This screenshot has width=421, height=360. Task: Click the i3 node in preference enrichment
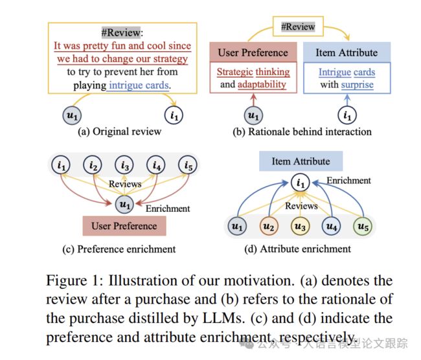(x=124, y=165)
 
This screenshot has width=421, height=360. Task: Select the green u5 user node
(x=363, y=227)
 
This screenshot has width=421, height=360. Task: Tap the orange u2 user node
(x=269, y=227)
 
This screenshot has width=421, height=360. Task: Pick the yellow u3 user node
(x=300, y=227)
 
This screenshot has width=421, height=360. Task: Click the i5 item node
(x=188, y=165)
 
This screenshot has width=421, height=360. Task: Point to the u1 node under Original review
(x=72, y=115)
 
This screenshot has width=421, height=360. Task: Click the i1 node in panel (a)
(x=174, y=115)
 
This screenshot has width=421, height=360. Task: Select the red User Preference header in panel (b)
(x=253, y=52)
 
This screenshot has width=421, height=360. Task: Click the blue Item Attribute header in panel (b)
(x=347, y=52)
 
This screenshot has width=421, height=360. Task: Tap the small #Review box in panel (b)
(x=298, y=27)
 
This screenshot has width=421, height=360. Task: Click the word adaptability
(x=262, y=84)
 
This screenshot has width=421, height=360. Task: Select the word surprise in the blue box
(x=358, y=85)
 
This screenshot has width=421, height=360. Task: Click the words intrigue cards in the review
(x=139, y=85)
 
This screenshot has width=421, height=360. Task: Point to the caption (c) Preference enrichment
(x=119, y=249)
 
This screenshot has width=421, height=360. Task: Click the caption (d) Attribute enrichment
(x=297, y=249)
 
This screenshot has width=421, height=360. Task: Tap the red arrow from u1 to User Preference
(x=253, y=100)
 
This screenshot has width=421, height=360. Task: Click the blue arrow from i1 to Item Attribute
(x=347, y=100)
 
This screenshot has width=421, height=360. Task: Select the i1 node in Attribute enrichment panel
(x=300, y=183)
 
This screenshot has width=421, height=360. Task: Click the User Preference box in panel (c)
(x=124, y=226)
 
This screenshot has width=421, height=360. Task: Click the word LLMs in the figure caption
(x=223, y=318)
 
